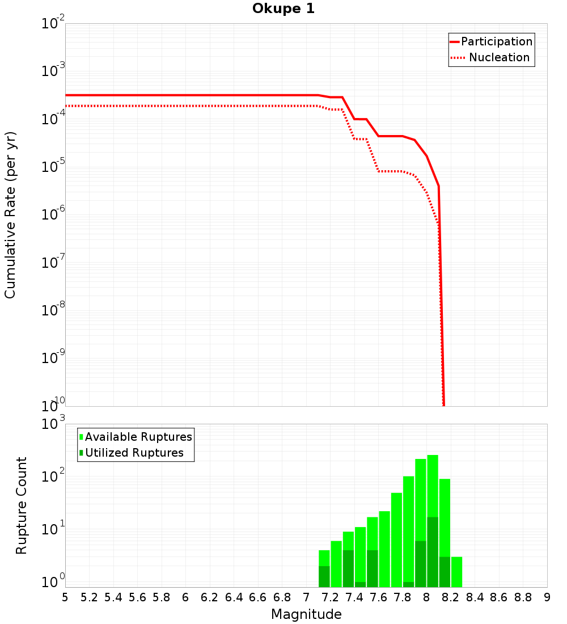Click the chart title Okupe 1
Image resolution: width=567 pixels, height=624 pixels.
pos(283,9)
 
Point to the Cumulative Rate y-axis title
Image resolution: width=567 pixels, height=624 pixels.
pos(10,214)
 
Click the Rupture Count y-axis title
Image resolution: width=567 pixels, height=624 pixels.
pos(22,505)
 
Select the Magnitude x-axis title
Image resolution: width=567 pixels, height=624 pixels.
pos(306,614)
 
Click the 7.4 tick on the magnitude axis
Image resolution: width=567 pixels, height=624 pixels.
pos(354,597)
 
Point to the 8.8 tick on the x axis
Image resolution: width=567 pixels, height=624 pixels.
pos(523,597)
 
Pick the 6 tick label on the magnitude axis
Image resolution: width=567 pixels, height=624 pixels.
pos(185,597)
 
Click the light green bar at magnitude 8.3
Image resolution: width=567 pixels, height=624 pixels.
pos(456,572)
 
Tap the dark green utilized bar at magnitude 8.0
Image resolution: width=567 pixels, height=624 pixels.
pos(433,551)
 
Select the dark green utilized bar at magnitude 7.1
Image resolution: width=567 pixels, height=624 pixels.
pos(324,576)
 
